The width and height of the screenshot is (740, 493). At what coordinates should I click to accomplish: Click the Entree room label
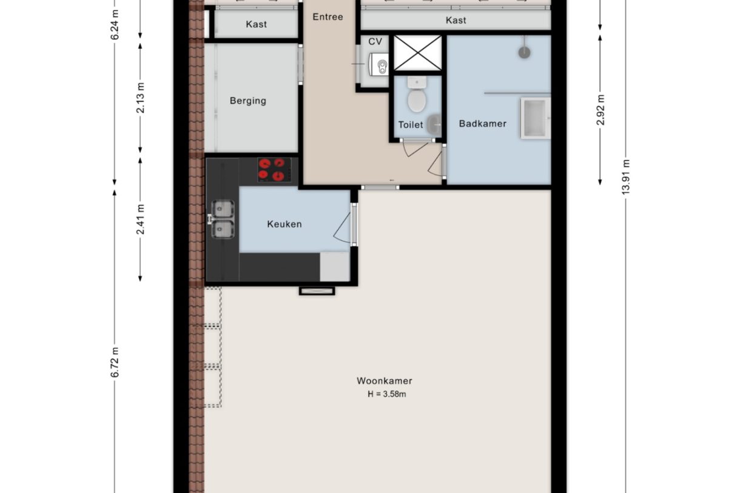pyautogui.click(x=328, y=17)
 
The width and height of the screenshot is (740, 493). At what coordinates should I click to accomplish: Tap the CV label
pyautogui.click(x=375, y=42)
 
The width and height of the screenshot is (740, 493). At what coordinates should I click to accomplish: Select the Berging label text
pyautogui.click(x=247, y=101)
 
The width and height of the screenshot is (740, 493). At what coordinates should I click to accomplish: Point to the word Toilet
pyautogui.click(x=411, y=125)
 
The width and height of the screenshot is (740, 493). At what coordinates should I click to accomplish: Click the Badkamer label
pyautogui.click(x=482, y=124)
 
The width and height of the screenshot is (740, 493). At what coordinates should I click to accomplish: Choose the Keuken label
pyautogui.click(x=284, y=224)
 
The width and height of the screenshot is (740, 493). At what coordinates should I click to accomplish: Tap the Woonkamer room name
pyautogui.click(x=384, y=381)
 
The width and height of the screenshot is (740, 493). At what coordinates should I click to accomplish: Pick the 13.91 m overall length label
pyautogui.click(x=625, y=176)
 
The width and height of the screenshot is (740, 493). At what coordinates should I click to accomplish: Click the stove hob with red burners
pyautogui.click(x=272, y=170)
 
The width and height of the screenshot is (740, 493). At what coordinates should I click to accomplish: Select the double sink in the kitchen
pyautogui.click(x=222, y=219)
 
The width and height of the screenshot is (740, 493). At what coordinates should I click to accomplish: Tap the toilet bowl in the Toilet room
pyautogui.click(x=416, y=100)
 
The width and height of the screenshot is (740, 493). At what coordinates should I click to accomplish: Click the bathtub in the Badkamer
pyautogui.click(x=535, y=118)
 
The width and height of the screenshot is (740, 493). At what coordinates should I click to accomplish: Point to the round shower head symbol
pyautogui.click(x=524, y=52)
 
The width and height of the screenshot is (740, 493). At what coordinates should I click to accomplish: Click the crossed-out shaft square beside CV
pyautogui.click(x=417, y=53)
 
